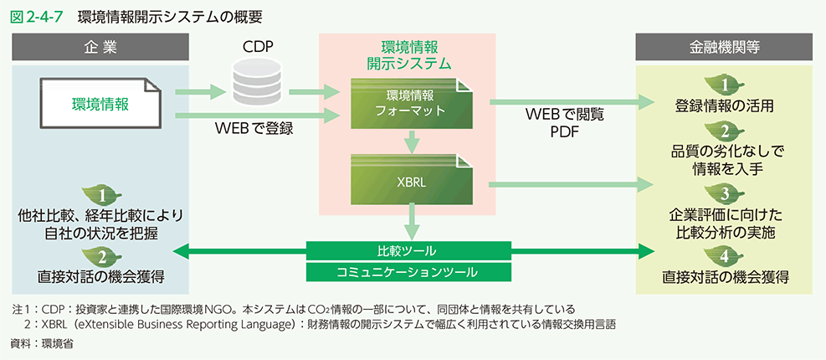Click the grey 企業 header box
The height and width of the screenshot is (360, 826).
pyautogui.click(x=100, y=46)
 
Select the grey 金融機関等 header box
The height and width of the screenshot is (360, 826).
pyautogui.click(x=724, y=46)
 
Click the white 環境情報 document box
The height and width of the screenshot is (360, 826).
pyautogui.click(x=99, y=105)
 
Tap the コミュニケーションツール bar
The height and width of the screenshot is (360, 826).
pyautogui.click(x=409, y=272)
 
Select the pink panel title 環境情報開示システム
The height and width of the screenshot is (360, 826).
pyautogui.click(x=409, y=54)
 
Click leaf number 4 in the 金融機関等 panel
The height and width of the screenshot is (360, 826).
pyautogui.click(x=725, y=255)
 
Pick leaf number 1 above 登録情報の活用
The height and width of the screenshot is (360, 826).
pyautogui.click(x=725, y=85)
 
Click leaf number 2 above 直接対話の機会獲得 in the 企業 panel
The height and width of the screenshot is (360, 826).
pyautogui.click(x=100, y=255)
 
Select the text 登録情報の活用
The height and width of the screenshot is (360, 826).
pyautogui.click(x=725, y=106)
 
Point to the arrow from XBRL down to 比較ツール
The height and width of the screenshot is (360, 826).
pyautogui.click(x=409, y=224)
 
